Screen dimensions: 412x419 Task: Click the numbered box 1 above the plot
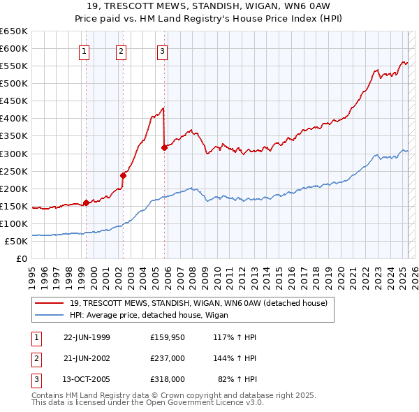pyautogui.click(x=84, y=50)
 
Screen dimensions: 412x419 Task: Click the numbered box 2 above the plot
pyautogui.click(x=121, y=50)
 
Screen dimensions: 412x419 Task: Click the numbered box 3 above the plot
pyautogui.click(x=162, y=50)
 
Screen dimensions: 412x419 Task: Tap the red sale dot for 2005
pyautogui.click(x=164, y=147)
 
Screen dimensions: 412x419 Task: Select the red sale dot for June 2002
pyautogui.click(x=123, y=175)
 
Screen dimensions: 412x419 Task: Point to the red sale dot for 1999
pyautogui.click(x=87, y=203)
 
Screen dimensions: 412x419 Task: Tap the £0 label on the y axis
pyautogui.click(x=20, y=259)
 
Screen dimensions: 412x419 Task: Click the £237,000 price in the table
pyautogui.click(x=167, y=358)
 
